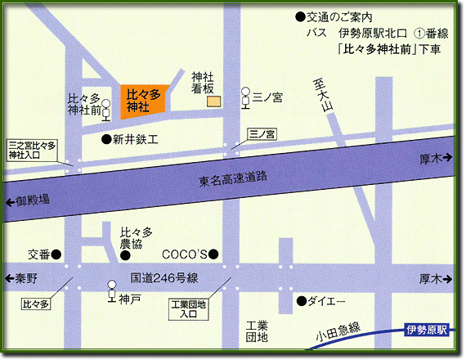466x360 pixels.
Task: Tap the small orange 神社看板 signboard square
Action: tap(213, 101)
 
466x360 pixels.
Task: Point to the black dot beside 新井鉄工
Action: tap(105, 140)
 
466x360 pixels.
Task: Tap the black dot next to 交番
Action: tap(56, 254)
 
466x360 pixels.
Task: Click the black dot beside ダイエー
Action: tap(302, 300)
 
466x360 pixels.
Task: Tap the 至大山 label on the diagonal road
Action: tap(325, 98)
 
